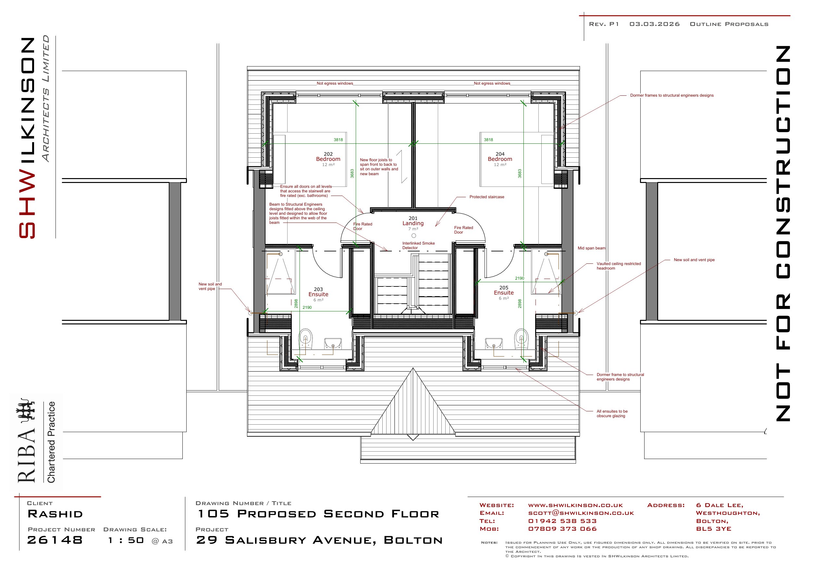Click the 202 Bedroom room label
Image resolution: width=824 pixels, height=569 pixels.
tap(328, 159)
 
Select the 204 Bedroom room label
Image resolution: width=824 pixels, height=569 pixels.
tap(500, 159)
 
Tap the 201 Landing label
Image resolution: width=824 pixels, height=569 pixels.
tap(413, 223)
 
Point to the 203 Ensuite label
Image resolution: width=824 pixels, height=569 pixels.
tap(318, 295)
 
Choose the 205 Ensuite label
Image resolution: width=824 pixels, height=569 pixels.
tap(504, 293)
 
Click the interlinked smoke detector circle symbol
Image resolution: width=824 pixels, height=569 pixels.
tap(413, 236)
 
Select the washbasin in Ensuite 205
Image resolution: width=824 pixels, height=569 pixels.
tap(494, 343)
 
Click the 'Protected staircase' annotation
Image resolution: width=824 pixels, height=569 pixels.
tap(487, 197)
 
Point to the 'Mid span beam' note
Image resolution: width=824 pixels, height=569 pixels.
tap(592, 248)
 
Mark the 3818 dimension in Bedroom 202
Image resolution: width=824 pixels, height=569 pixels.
tap(338, 140)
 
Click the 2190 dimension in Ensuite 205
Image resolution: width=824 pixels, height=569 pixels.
tap(520, 278)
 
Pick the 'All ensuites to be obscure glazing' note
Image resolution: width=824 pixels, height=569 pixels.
tap(612, 414)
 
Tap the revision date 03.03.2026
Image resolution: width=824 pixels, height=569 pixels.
tap(654, 24)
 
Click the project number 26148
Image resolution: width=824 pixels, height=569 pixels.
tap(55, 540)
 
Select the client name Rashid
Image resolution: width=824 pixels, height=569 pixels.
tap(55, 514)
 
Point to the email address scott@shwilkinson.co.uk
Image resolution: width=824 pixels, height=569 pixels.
tap(581, 513)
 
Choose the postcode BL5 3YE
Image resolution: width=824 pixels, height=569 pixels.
tap(713, 529)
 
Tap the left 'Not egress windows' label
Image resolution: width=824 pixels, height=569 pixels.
tap(335, 83)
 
